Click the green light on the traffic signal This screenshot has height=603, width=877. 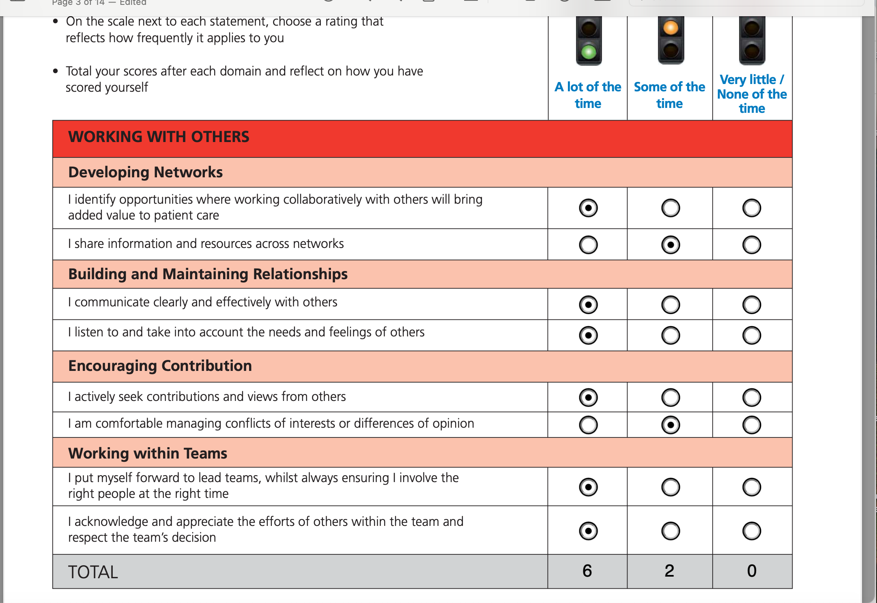(589, 52)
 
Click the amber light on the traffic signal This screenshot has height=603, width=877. (671, 28)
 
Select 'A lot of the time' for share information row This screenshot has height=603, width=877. (588, 245)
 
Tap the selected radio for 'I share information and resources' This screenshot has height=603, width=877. (671, 245)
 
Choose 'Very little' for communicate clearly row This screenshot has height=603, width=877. (752, 305)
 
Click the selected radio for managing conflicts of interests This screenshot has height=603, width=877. (671, 425)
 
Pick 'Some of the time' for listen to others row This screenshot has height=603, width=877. (671, 336)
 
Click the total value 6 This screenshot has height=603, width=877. (587, 571)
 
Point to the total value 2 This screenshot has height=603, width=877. (669, 571)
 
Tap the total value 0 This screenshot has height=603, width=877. (752, 571)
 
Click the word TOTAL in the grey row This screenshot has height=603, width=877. (93, 572)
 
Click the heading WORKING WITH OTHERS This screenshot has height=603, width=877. (159, 137)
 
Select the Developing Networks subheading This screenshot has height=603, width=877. (145, 172)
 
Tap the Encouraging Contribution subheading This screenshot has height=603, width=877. (160, 366)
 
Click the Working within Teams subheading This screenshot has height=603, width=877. (148, 453)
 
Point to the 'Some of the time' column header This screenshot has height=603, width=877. (669, 95)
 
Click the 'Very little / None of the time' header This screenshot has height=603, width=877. (752, 94)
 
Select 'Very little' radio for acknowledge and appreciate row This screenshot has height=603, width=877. (752, 531)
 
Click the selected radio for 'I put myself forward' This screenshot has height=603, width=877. (588, 487)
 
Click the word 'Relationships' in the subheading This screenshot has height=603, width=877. (300, 274)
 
